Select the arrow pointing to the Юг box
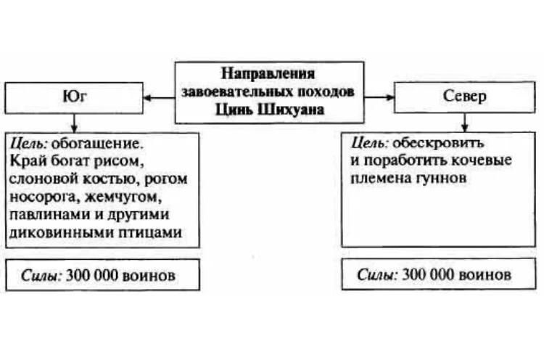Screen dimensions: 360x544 coord(159,96)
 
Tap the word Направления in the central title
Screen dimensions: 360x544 coord(268,73)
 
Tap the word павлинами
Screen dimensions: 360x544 coord(45,215)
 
